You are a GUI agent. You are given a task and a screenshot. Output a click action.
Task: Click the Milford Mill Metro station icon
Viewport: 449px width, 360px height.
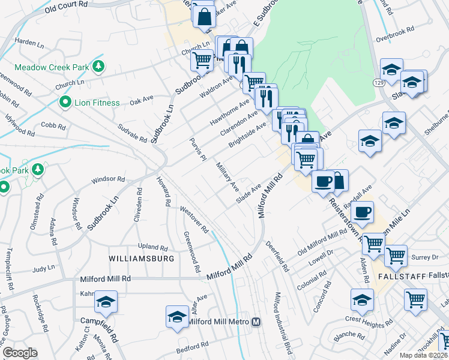tap(256, 322)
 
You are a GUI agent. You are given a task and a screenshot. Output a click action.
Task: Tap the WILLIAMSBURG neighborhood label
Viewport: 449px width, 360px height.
tap(142, 259)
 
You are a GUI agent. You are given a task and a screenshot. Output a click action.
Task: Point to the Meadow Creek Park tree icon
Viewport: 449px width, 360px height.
tap(96, 67)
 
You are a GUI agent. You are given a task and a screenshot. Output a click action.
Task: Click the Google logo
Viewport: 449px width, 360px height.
tap(19, 353)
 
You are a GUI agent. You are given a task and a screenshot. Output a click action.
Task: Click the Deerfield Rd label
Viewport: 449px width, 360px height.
tap(280, 258)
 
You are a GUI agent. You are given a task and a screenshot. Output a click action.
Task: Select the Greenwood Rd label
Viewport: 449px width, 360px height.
tap(191, 253)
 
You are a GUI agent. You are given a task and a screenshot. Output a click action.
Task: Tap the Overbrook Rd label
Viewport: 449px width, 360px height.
tap(395, 29)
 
